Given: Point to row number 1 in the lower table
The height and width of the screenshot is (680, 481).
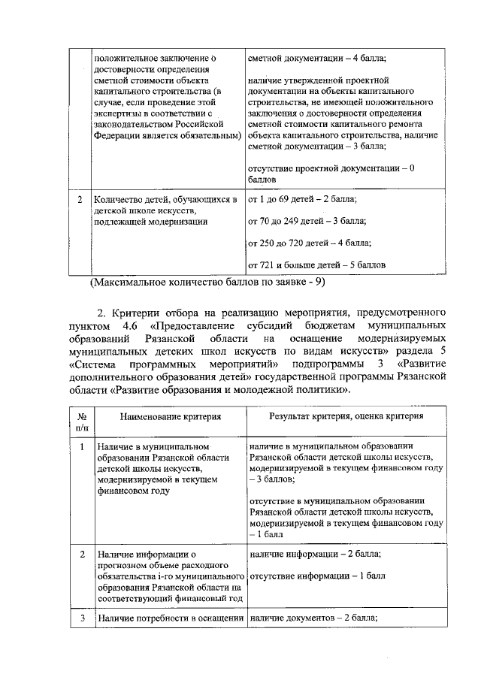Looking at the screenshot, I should [81, 446].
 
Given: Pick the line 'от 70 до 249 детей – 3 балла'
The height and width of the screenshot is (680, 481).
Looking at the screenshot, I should [307, 221].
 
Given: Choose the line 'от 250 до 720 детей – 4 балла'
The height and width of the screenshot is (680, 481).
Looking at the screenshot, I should [309, 243].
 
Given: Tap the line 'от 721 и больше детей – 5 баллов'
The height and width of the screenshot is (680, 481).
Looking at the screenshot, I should [317, 265].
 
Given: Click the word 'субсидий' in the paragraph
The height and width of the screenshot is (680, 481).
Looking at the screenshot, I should [274, 327].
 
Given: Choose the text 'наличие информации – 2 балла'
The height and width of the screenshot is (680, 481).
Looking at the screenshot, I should [314, 554].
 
